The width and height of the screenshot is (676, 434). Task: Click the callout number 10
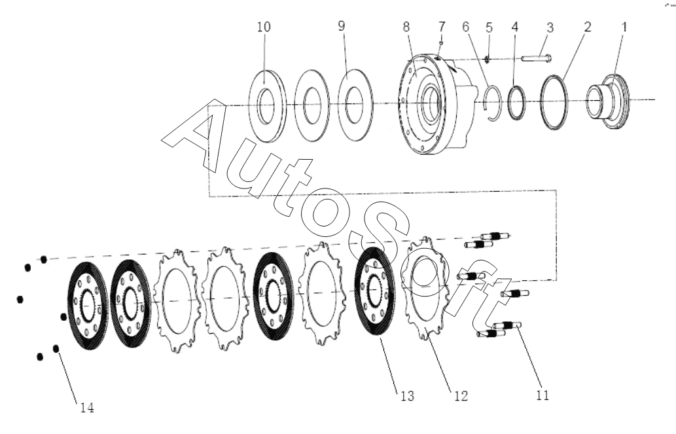264,27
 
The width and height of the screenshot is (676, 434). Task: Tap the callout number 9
342,26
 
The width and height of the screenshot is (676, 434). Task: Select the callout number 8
406,27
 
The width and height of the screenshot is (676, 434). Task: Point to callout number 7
442,27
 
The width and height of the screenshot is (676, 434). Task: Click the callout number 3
550,27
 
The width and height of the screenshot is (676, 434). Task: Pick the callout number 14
87,408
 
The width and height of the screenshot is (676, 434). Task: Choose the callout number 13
407,395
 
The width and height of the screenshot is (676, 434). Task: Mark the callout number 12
461,395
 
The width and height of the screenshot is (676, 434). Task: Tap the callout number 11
543,395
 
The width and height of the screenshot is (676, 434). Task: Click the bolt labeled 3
536,58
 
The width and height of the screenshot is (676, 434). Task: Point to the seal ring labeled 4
516,102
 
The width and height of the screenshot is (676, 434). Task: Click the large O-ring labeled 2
554,102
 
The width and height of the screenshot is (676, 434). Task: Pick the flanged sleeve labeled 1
608,101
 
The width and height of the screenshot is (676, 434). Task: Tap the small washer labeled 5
486,59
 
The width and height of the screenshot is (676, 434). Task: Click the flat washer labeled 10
268,105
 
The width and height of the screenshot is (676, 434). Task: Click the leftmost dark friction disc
88,306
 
